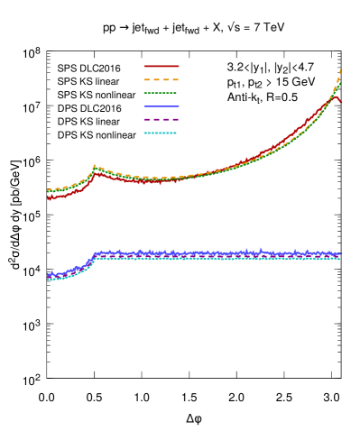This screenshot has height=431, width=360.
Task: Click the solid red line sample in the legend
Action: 162,66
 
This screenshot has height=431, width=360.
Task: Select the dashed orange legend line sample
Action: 162,79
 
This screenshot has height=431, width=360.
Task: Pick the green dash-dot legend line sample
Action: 161,93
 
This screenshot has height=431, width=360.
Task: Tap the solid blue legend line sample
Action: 162,106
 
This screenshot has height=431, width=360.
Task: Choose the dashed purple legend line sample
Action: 162,119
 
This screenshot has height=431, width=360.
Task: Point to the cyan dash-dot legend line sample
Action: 161,133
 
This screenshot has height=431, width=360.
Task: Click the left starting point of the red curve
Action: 49,198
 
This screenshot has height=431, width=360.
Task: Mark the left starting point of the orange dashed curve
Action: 48,190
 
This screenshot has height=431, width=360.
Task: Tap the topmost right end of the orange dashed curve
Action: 340,70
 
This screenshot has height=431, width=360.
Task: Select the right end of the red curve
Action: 340,102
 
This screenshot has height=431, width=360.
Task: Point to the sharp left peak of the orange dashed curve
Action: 95,166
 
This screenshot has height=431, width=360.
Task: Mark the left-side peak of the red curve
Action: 96,171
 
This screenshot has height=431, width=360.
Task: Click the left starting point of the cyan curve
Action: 49,280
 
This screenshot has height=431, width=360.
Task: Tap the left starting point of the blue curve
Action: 49,274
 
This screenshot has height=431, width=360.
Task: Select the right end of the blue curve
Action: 340,254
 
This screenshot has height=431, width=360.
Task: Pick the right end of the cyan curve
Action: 340,259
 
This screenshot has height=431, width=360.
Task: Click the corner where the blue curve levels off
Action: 96,253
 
